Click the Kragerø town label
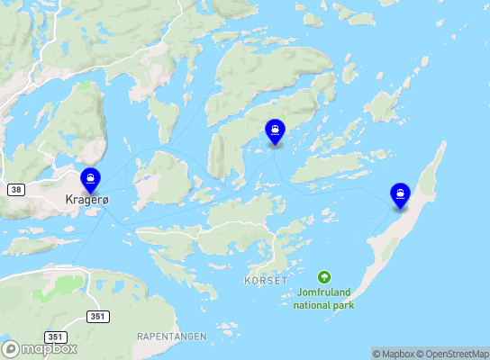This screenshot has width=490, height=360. (86, 200)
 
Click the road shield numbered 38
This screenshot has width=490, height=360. (16, 190)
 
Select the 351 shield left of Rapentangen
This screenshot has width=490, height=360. (98, 316)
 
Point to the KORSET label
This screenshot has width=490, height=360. (266, 281)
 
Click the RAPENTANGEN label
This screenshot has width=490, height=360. (171, 336)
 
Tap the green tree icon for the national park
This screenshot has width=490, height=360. (324, 276)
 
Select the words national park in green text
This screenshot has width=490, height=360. (324, 305)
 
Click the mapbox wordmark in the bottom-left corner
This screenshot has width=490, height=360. (50, 349)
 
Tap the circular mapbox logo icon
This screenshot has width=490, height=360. (11, 349)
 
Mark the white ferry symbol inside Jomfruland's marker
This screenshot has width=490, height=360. (399, 193)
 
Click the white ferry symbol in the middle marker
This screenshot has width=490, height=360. (275, 130)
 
